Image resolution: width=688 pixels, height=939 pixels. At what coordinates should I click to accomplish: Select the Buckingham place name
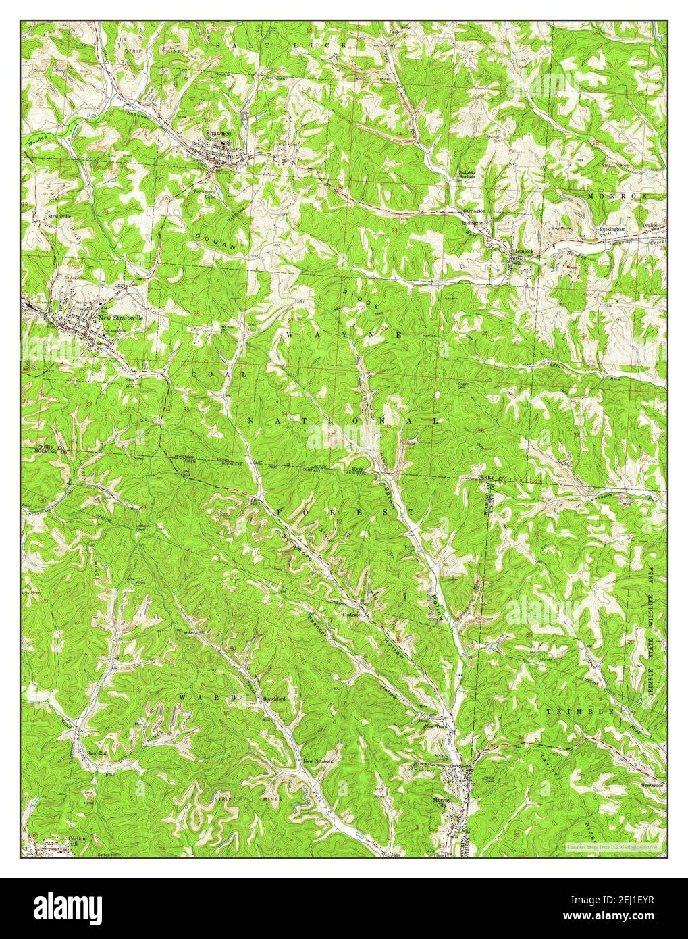[x=612, y=230]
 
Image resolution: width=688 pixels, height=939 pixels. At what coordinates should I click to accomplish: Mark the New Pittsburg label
[x=319, y=761]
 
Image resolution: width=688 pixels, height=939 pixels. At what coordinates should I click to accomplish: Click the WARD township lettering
[x=208, y=697]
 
